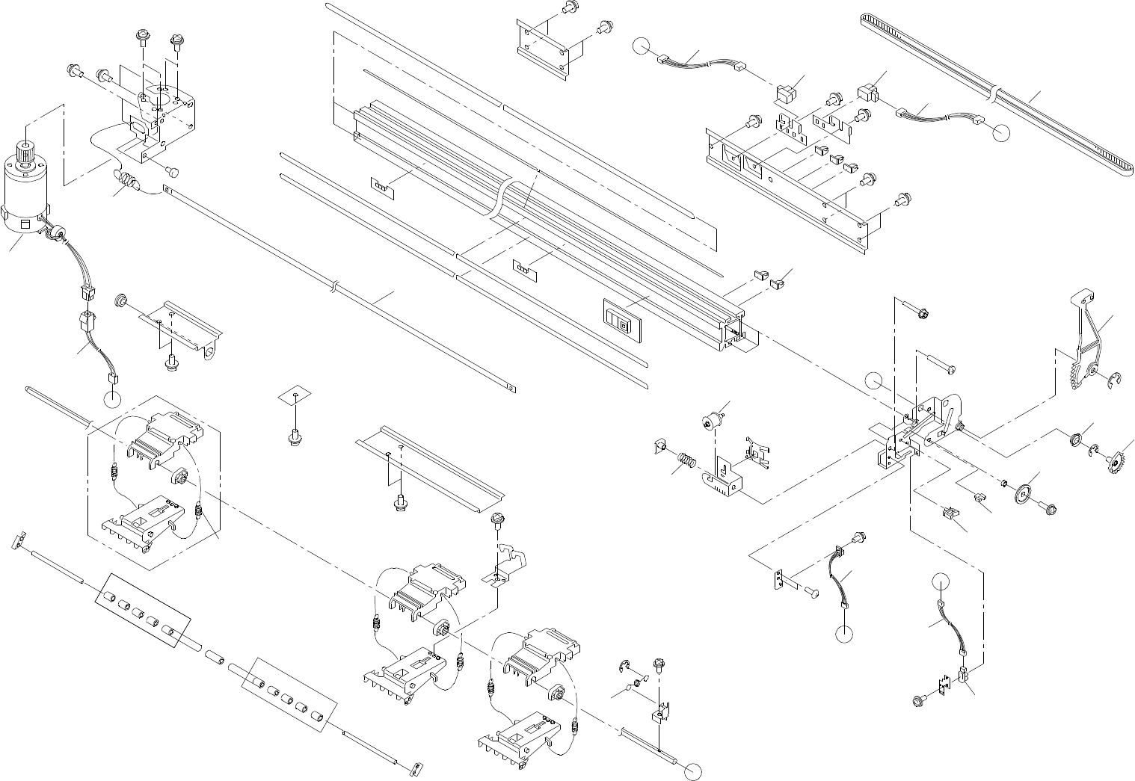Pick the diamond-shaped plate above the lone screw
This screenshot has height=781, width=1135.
[295, 395]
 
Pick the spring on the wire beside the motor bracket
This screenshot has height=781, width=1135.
[128, 181]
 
